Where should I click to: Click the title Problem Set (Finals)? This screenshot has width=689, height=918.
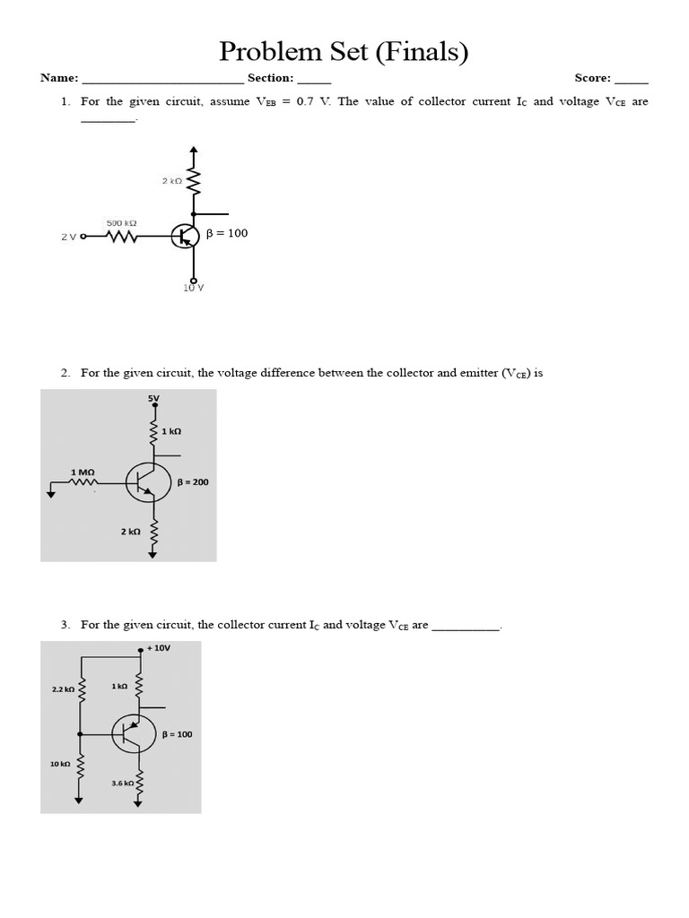point(344,52)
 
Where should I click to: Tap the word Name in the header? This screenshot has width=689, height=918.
point(59,79)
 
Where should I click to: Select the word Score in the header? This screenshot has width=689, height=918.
point(592,79)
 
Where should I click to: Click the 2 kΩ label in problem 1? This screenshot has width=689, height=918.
point(171,181)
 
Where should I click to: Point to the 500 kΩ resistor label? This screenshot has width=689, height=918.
point(121,222)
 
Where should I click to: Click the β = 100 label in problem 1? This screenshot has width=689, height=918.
point(227,234)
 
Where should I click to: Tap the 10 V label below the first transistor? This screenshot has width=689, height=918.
point(194,289)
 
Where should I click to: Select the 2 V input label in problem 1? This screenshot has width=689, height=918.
point(69,238)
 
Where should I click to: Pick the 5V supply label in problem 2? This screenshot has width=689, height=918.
point(153,399)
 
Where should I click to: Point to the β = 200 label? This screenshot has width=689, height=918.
point(193,482)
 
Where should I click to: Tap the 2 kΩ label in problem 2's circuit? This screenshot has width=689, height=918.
point(130,532)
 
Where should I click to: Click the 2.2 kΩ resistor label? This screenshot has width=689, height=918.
point(65,689)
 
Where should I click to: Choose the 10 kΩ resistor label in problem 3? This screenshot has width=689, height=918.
point(60,764)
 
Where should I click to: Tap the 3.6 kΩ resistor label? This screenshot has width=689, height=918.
point(123,784)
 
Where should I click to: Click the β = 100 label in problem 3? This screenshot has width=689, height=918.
point(177,734)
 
